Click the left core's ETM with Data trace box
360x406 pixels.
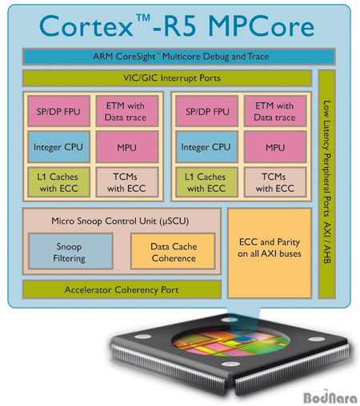126,112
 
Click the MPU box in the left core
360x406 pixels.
126,147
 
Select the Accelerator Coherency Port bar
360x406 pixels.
120,289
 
